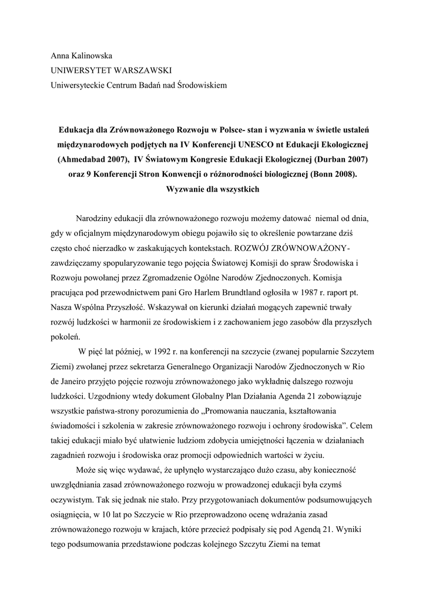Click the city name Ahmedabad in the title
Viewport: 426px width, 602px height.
(x=86, y=159)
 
